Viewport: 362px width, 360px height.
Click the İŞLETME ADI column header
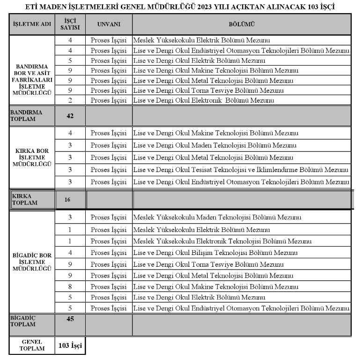pos(32,23)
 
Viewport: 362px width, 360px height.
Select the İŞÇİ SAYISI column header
pos(70,23)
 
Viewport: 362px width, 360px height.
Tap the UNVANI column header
pos(109,23)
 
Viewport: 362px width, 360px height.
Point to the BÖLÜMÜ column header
pos(242,23)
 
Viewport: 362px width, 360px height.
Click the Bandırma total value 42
pos(70,116)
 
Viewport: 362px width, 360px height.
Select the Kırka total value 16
pos(67,200)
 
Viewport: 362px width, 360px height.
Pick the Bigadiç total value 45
pos(70,319)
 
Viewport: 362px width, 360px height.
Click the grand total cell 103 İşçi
pos(70,346)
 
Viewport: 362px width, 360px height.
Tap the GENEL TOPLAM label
pos(32,346)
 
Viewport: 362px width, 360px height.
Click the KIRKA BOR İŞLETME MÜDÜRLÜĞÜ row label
pos(32,157)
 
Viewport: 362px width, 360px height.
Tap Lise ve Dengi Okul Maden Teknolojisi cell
pos(215,145)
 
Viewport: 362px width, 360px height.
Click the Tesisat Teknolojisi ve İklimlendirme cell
pos(241,170)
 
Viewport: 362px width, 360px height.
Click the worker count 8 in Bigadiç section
pos(70,286)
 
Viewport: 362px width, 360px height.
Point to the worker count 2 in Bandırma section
pos(70,100)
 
